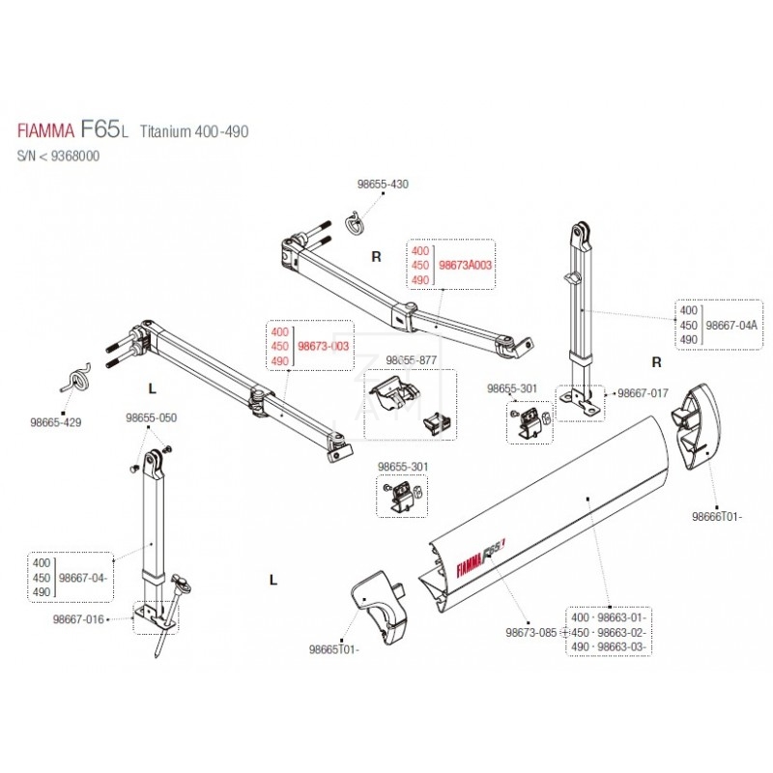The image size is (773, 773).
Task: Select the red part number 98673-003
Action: click(323, 345)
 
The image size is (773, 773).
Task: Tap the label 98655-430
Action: click(357, 184)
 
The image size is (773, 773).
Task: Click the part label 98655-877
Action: click(411, 358)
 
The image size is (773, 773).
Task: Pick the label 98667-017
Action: click(643, 393)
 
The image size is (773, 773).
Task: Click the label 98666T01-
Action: click(716, 517)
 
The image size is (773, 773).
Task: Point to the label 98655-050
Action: click(151, 417)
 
